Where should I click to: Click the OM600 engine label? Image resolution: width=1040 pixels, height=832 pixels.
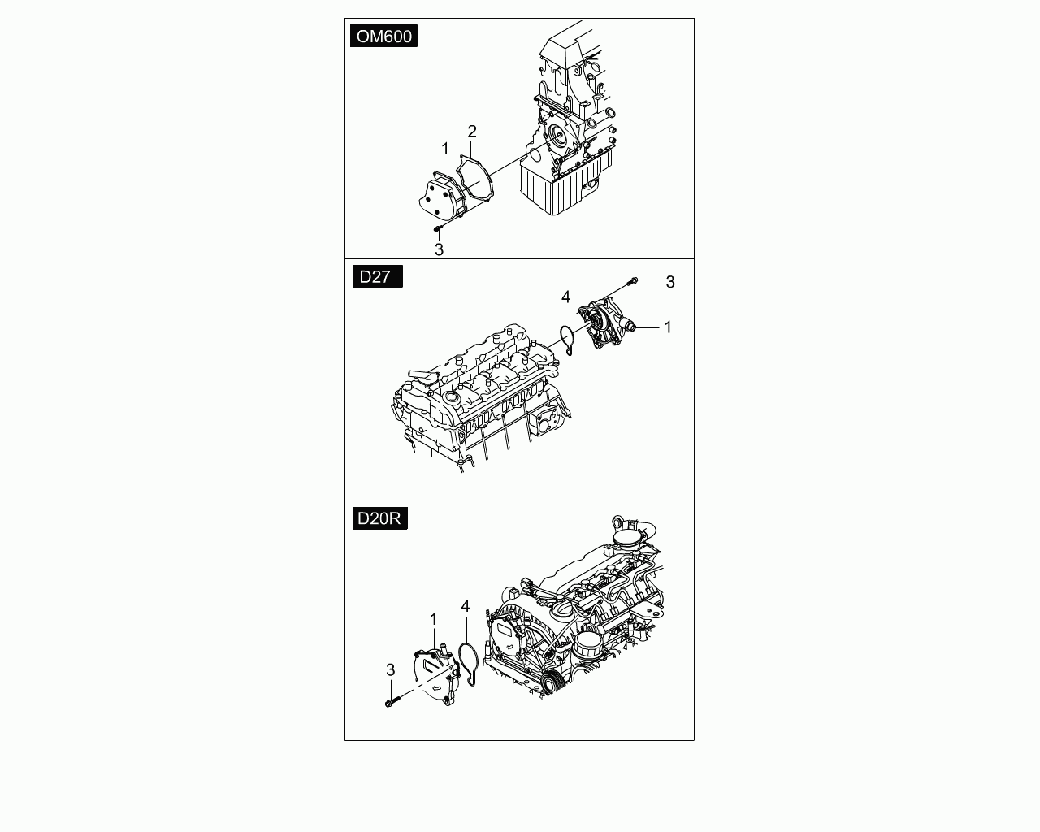383,37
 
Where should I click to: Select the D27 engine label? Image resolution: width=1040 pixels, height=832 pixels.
378,276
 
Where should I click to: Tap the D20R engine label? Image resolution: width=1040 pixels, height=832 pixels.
380,518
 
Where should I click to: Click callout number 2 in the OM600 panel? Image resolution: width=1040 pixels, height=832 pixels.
472,132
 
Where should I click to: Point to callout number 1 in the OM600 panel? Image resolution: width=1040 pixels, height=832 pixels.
445,149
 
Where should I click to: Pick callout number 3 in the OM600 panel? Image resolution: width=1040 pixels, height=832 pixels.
439,249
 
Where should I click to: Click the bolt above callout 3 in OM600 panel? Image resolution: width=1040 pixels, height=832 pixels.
438,227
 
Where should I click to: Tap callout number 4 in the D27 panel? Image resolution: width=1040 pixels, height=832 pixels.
566,297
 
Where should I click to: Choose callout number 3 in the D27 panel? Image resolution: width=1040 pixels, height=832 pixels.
669,282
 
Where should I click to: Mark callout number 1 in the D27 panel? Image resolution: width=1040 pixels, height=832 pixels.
668,327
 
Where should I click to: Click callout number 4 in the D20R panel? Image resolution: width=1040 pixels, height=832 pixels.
465,606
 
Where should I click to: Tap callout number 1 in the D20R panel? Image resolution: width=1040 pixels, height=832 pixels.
434,619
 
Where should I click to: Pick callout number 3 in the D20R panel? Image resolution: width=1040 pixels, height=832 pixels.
391,670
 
